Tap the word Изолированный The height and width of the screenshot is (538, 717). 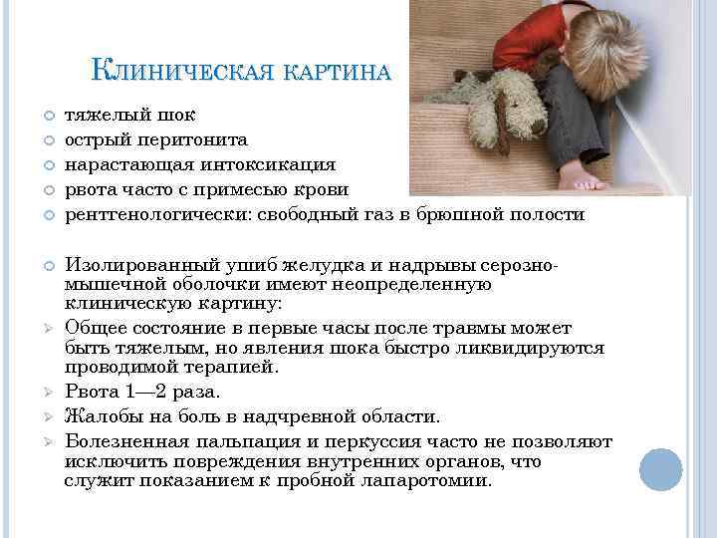(x=133, y=266)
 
